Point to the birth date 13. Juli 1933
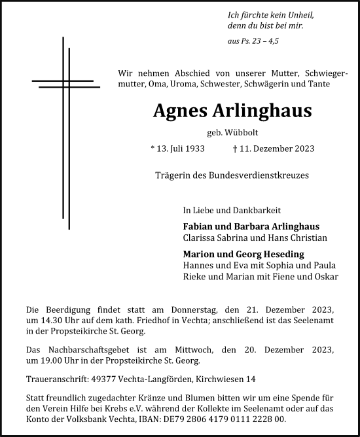[x=177, y=149]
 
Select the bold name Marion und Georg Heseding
[x=244, y=254]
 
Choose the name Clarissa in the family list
[x=200, y=238]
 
